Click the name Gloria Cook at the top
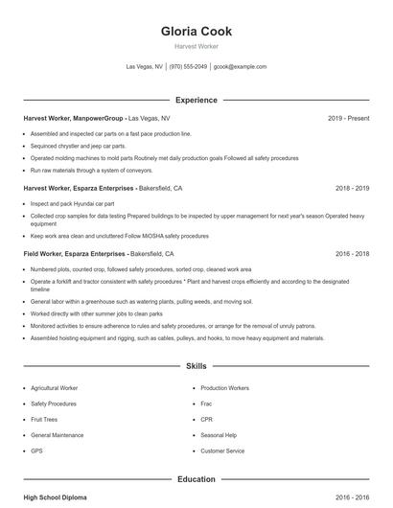[196, 31]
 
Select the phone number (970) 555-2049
[188, 67]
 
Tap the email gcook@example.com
[240, 67]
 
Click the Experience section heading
[196, 100]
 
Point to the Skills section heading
[196, 366]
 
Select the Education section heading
[196, 478]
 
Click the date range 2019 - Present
[348, 118]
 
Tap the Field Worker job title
[47, 254]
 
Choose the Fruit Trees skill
[45, 419]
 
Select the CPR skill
[206, 419]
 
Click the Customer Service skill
[222, 450]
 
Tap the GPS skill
[36, 450]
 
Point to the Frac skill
[207, 404]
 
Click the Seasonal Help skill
[219, 435]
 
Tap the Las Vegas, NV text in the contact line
[145, 67]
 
